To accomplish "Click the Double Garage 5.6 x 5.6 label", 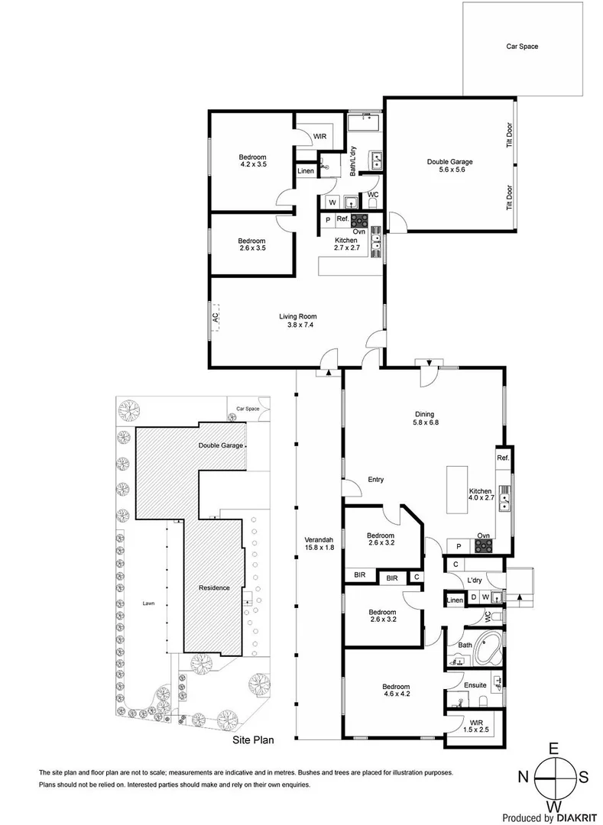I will [x=450, y=166].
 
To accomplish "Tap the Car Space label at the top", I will [x=522, y=47].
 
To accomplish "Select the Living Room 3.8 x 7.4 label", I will [x=297, y=320].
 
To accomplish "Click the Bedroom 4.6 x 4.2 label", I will [x=396, y=691].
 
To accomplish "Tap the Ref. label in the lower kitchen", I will [x=502, y=458].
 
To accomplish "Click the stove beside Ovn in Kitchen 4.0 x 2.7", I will [x=484, y=546].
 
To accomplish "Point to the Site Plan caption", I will [x=252, y=739].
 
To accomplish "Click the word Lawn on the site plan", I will [x=148, y=603].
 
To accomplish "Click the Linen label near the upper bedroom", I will [x=305, y=171].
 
